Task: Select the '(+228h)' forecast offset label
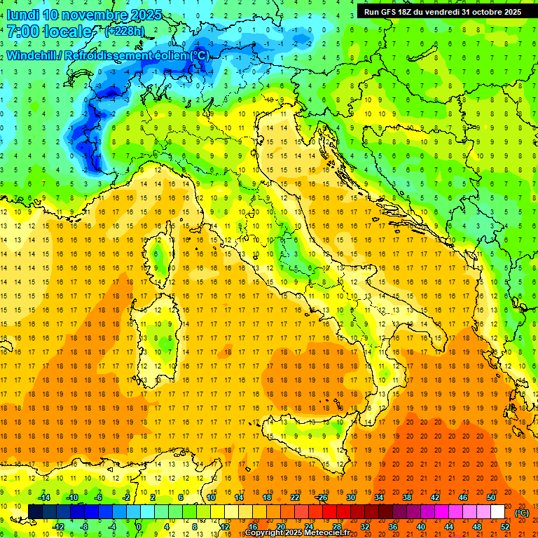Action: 125,32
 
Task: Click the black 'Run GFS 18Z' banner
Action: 442,11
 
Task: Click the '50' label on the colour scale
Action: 490,497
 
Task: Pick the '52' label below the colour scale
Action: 504,527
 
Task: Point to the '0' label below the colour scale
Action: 138,527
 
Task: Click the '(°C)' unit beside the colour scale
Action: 522,512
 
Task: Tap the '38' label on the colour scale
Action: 406,497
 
